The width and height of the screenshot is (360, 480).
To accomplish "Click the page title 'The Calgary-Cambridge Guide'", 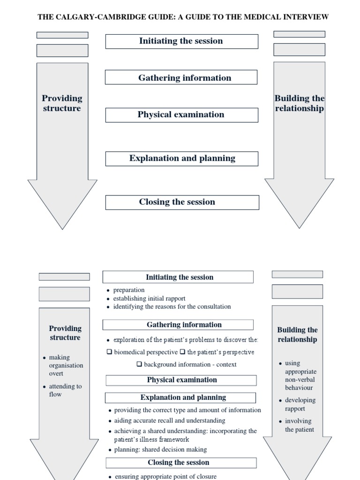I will (183, 17).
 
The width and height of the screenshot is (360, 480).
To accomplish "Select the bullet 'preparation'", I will (129, 290).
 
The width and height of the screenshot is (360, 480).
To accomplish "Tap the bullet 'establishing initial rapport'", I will (149, 299).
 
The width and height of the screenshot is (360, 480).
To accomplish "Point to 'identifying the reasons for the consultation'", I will (172, 307).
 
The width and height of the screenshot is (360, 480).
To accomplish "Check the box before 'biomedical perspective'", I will (109, 352).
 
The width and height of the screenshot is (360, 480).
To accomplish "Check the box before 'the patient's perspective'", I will (182, 352).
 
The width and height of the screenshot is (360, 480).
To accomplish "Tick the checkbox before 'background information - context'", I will (139, 364).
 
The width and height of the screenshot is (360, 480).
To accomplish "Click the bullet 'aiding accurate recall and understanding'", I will (169, 420).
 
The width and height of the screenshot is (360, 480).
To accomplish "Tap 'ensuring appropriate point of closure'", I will (165, 476).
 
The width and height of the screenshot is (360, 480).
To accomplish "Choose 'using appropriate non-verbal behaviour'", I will (300, 375).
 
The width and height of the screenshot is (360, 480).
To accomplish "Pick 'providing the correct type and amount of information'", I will (187, 410).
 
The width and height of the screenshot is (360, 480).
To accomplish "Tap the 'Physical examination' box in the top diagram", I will (181, 115).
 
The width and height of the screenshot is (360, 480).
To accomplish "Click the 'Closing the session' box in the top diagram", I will (182, 202).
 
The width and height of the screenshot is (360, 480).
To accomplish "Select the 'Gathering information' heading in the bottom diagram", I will (178, 325).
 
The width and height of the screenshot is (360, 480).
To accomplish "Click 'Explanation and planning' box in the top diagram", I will (182, 158).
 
